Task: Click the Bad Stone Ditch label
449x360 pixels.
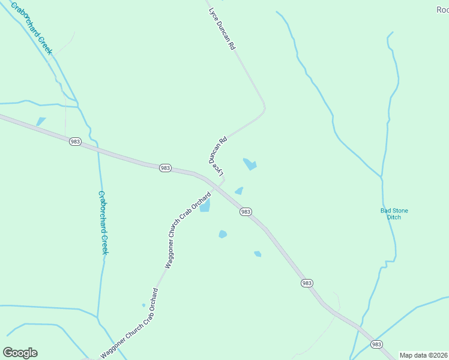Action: point(394,214)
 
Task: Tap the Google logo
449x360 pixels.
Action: point(20,353)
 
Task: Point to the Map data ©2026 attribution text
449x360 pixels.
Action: point(423,355)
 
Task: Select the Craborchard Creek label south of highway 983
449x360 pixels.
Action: point(103,223)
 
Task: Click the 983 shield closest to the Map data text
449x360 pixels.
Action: point(376,344)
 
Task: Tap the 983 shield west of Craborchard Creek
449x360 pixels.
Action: point(75,142)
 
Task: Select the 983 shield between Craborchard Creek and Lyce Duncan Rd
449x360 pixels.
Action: point(166,168)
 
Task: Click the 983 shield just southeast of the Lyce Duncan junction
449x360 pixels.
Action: point(245,212)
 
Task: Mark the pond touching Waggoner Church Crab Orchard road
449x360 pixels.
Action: point(205,206)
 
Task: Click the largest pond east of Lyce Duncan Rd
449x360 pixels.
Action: point(250,164)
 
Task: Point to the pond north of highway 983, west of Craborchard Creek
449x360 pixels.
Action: point(40,122)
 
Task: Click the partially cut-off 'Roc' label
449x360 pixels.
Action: point(442,9)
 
